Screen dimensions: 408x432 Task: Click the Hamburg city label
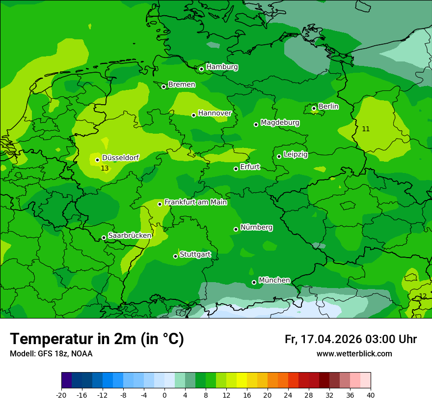click(222, 67)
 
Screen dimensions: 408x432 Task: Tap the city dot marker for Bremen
click(164, 87)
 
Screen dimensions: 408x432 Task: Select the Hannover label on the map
click(215, 113)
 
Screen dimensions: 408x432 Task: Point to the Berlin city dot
click(314, 108)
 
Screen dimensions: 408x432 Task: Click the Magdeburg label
click(280, 122)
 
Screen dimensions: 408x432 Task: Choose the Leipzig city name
click(296, 154)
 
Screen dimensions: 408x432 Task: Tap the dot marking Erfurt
click(236, 169)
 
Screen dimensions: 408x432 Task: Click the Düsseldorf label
click(120, 158)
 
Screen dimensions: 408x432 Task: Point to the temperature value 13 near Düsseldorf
click(104, 168)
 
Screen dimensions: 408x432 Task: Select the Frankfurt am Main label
click(195, 202)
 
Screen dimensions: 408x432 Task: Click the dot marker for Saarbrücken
click(104, 237)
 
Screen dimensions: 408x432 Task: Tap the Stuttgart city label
click(195, 254)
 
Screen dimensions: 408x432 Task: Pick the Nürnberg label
click(256, 228)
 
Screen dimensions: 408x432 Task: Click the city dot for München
click(254, 282)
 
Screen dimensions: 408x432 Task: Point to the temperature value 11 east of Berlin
click(366, 129)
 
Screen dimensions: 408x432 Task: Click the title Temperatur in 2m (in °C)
click(97, 339)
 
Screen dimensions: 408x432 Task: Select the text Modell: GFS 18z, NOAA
click(51, 353)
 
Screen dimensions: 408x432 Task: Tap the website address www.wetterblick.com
click(354, 353)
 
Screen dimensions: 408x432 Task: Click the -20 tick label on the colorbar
click(61, 395)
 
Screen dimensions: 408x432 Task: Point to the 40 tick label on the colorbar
click(371, 395)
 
